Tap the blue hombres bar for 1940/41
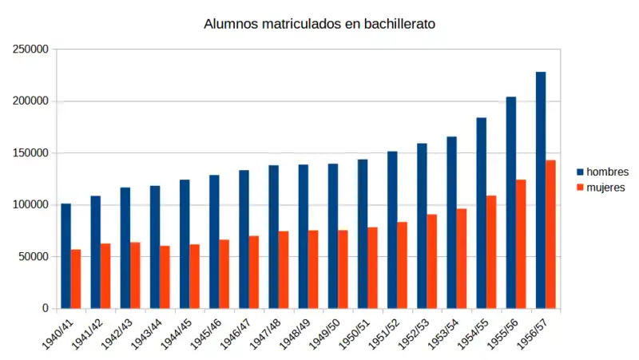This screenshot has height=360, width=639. click(x=65, y=255)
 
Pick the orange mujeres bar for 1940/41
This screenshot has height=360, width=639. click(x=76, y=279)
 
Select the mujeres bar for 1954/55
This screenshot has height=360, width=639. click(x=491, y=251)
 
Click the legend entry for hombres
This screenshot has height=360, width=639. click(x=607, y=172)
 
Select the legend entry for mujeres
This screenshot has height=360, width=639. click(x=605, y=188)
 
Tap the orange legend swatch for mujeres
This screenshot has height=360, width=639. click(x=581, y=188)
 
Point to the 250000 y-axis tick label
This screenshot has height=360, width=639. click(x=31, y=49)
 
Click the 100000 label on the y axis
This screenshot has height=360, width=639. click(x=31, y=205)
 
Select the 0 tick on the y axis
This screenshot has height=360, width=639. click(x=46, y=309)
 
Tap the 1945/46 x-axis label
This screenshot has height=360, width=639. click(x=204, y=334)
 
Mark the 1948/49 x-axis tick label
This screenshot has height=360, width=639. click(x=293, y=334)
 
